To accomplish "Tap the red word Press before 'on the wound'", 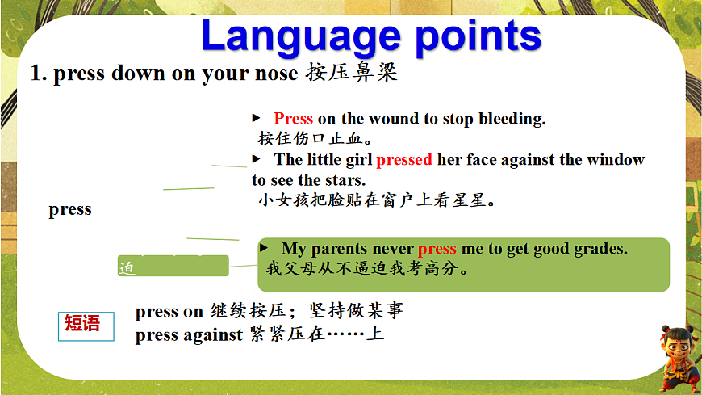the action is tap(293, 119).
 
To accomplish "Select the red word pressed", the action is tap(404, 160).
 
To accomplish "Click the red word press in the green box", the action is tap(437, 249).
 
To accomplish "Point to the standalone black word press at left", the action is tap(70, 210).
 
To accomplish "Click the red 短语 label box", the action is tap(86, 326).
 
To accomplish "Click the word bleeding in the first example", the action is tap(512, 119).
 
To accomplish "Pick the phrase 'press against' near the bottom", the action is tap(189, 335).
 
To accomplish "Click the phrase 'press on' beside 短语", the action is tap(169, 312).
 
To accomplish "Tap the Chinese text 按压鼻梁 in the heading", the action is tap(352, 72).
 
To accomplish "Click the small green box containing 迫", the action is tap(173, 266).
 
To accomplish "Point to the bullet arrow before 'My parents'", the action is tap(264, 247).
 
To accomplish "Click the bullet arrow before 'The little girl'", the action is tap(256, 158).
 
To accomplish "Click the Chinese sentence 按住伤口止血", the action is tap(315, 138).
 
